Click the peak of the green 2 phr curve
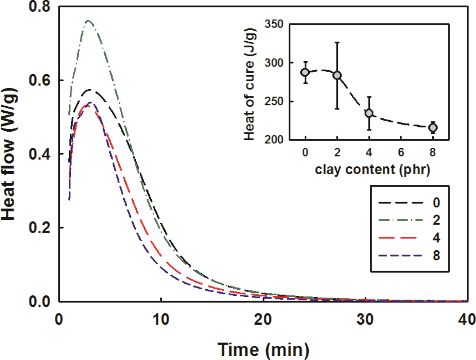click(88, 21)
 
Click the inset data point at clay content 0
click(305, 72)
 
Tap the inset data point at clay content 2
click(337, 75)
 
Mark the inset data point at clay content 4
click(369, 113)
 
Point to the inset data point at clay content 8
click(433, 127)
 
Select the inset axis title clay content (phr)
click(369, 171)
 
